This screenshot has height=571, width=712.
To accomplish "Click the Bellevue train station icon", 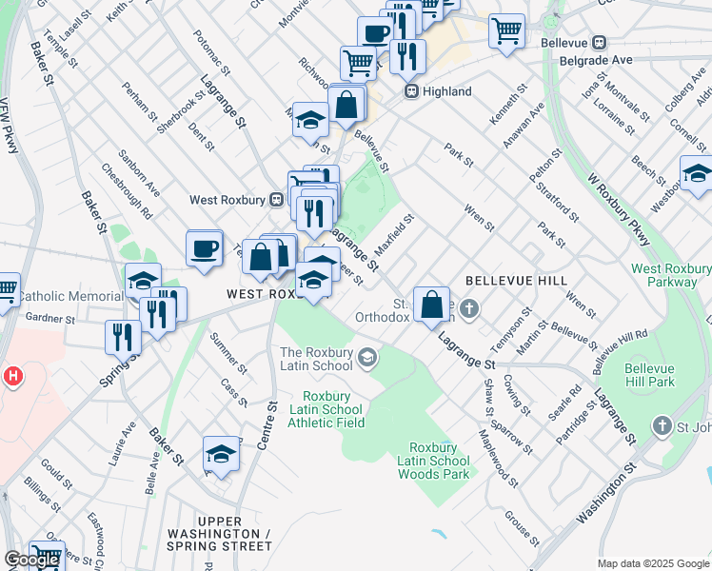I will coord(600,42).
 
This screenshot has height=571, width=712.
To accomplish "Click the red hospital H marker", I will coord(12,376).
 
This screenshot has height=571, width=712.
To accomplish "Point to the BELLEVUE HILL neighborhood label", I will coord(516,282).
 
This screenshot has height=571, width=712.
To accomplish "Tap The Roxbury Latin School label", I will coord(317,359).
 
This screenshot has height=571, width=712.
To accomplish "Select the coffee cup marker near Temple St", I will coord(204,248).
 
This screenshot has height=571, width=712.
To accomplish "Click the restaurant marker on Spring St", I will coord(123,336).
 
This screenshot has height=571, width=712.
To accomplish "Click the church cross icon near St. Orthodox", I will coord(473,309).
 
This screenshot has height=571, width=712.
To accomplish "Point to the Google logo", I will coord(32,560).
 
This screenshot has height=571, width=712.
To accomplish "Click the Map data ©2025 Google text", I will coord(653,563).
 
